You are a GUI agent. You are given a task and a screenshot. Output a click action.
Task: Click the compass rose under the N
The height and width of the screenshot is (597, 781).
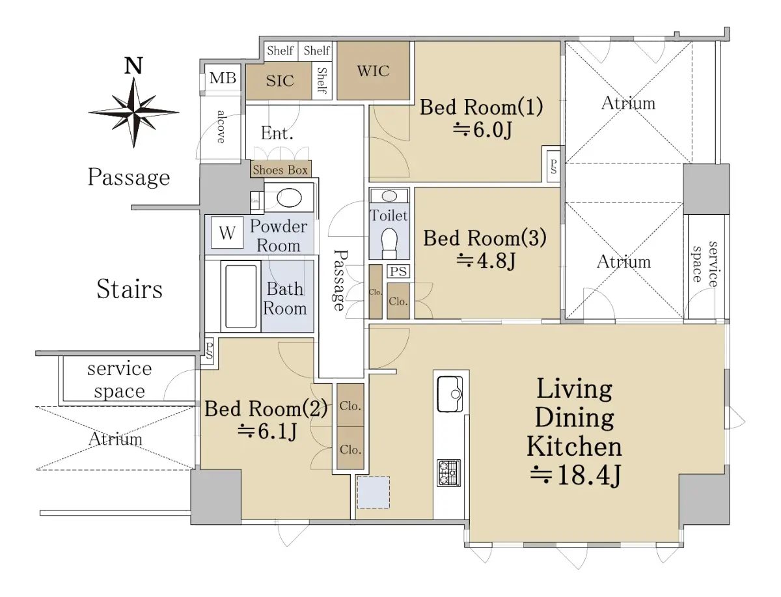(x=133, y=113)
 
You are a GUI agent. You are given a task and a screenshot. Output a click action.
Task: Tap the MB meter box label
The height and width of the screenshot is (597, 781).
(x=223, y=78)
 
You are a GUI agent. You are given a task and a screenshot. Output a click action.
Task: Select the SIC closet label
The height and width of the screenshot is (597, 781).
(x=280, y=81)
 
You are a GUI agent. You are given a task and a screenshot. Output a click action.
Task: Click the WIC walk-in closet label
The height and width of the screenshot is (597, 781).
(x=373, y=71)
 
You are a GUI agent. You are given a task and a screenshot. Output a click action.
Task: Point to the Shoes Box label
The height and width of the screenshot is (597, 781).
(x=280, y=170)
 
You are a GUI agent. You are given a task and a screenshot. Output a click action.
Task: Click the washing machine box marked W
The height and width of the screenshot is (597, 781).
(x=227, y=232)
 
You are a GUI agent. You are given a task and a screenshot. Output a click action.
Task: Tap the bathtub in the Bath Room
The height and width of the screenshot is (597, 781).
(x=241, y=296)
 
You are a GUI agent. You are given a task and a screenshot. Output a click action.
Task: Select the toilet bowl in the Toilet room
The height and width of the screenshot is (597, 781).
(x=389, y=243)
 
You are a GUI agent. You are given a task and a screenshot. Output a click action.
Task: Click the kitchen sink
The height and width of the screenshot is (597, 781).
(x=450, y=394)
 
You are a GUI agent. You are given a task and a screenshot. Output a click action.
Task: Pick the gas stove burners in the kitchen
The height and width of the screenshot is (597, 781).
(x=448, y=473)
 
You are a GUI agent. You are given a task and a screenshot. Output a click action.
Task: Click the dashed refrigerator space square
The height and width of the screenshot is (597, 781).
(x=373, y=492)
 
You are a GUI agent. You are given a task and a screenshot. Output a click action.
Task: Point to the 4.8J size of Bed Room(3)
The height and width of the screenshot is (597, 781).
(x=486, y=260)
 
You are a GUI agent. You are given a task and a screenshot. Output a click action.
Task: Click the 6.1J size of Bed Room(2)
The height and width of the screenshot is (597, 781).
(x=267, y=431)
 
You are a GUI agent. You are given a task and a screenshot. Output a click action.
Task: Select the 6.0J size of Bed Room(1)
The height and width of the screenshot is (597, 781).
(x=482, y=130)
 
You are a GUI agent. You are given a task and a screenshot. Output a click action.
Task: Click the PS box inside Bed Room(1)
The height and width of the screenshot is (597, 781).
(x=553, y=166)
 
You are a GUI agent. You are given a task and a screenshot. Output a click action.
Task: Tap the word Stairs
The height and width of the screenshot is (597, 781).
(x=130, y=288)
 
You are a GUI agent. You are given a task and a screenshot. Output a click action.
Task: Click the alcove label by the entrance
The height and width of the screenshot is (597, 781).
(x=221, y=127)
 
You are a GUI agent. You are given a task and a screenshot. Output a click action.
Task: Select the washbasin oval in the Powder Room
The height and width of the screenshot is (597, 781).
(x=289, y=198)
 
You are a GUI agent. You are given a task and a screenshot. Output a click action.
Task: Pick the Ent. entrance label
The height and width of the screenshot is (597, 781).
(x=277, y=133)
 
